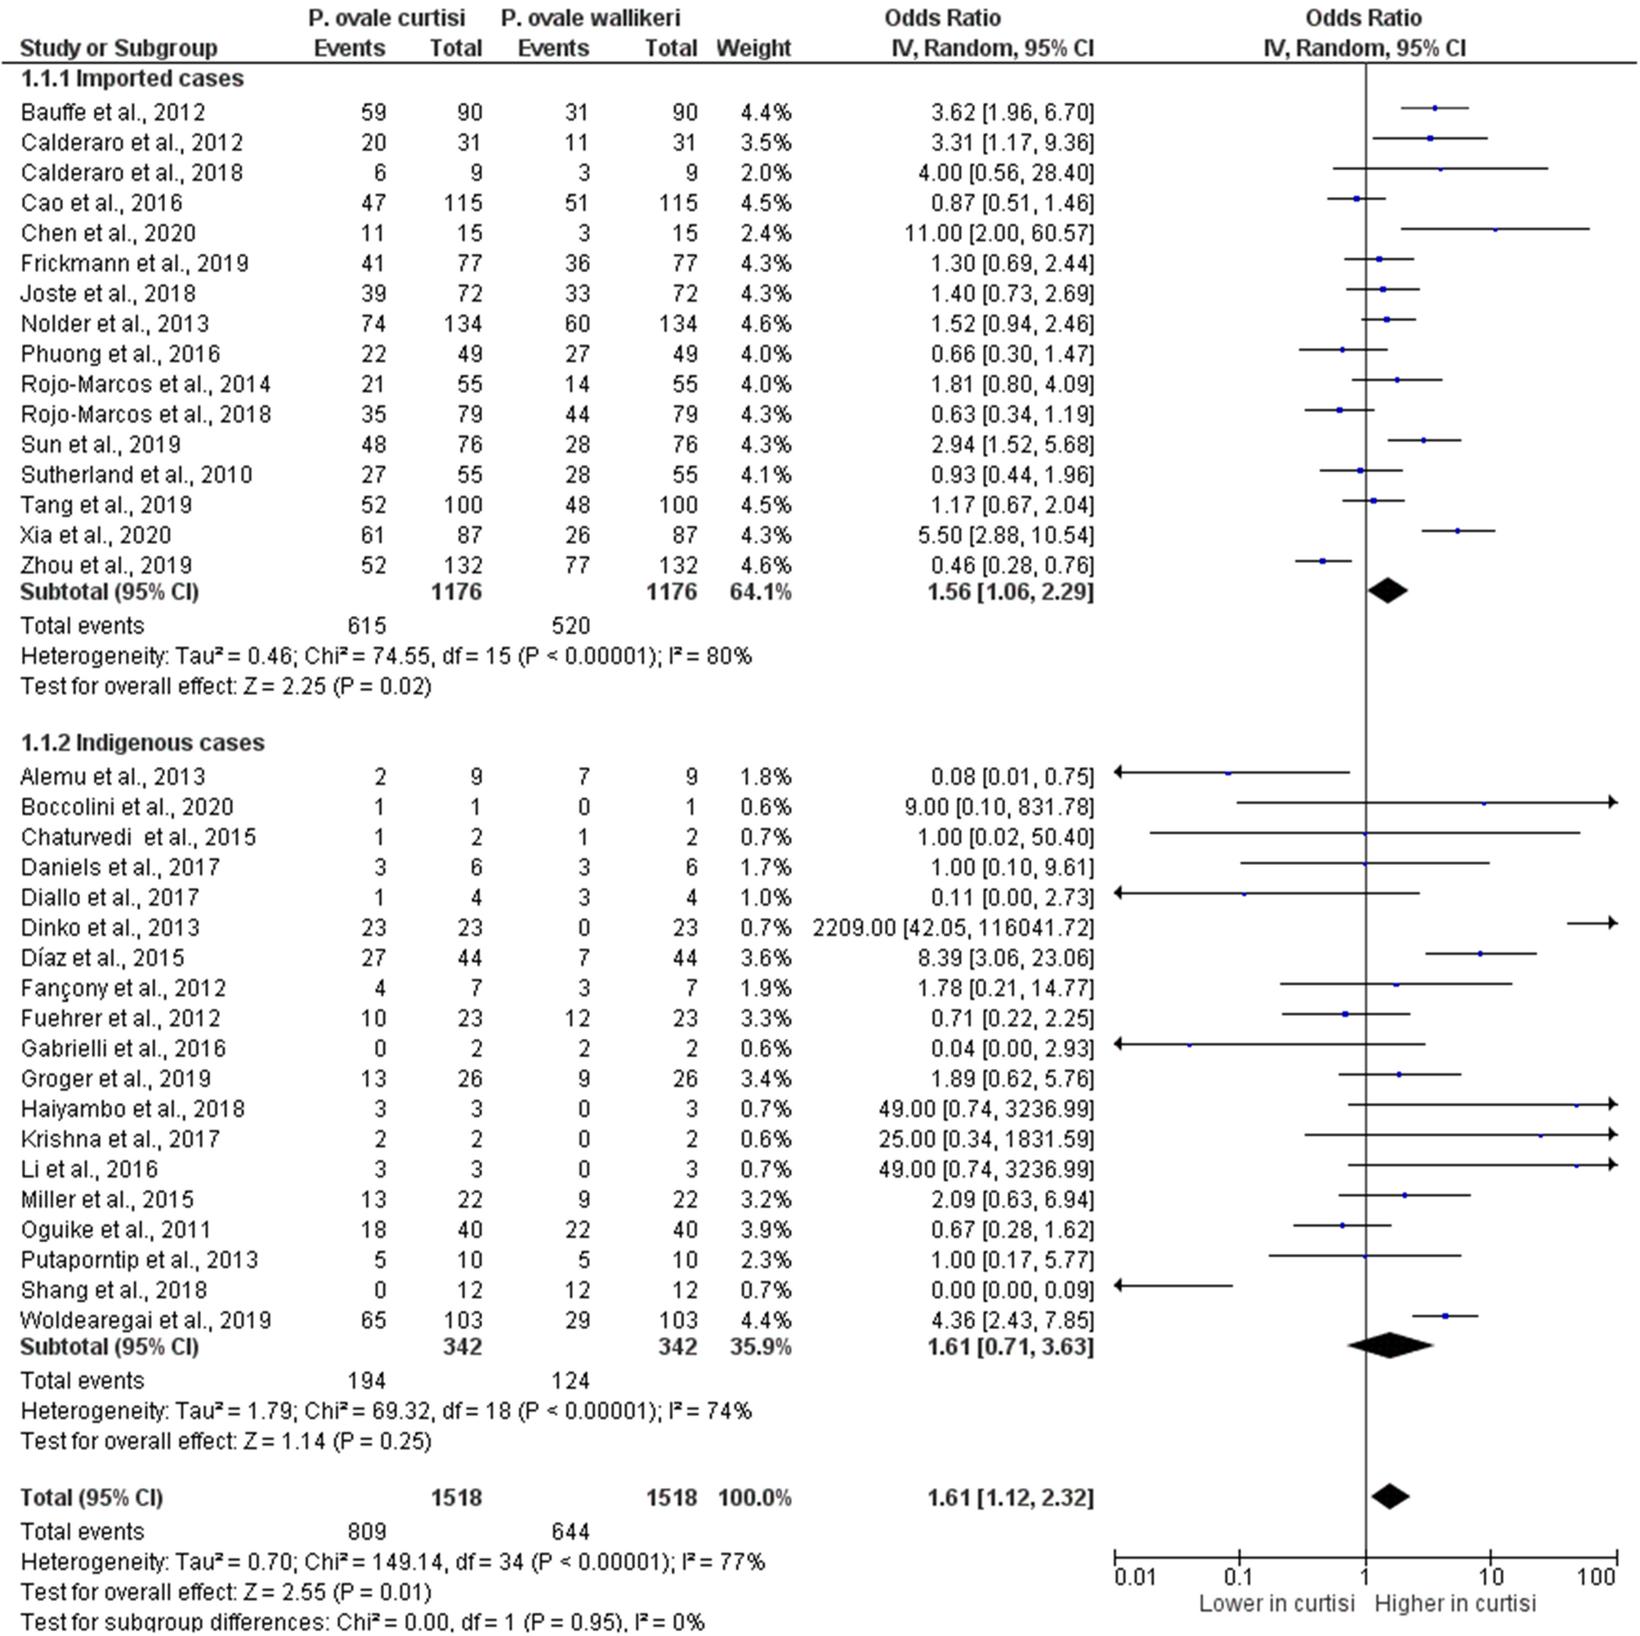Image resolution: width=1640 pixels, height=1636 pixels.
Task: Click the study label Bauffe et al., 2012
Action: coord(113,112)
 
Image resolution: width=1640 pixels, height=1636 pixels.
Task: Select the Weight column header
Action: coord(753,48)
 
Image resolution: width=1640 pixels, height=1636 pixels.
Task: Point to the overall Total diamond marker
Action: coord(1390,1496)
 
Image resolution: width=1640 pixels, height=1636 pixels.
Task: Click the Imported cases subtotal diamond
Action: coord(1387,591)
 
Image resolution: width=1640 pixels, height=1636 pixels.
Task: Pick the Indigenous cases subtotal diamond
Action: coord(1389,1346)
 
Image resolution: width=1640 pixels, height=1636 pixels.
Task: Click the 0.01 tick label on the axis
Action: coord(1134,1577)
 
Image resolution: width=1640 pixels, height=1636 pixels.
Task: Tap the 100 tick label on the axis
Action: coord(1596,1577)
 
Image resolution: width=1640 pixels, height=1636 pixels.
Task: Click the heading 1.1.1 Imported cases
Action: coord(132,79)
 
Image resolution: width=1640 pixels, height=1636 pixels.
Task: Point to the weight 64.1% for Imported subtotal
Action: coord(760,591)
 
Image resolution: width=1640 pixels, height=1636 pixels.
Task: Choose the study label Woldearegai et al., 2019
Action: coord(146,1321)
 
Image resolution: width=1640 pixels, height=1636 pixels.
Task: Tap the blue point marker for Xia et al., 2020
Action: coord(1458,531)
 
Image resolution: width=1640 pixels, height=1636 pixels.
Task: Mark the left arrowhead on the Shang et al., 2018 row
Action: coord(1119,1286)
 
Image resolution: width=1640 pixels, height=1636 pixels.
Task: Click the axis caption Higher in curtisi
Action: coord(1455,1604)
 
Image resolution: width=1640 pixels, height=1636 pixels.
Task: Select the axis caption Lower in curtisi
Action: coord(1276,1604)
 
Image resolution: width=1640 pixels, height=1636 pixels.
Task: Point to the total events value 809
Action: coord(367,1531)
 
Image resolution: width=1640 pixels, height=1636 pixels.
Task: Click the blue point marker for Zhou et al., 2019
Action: coord(1322,561)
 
